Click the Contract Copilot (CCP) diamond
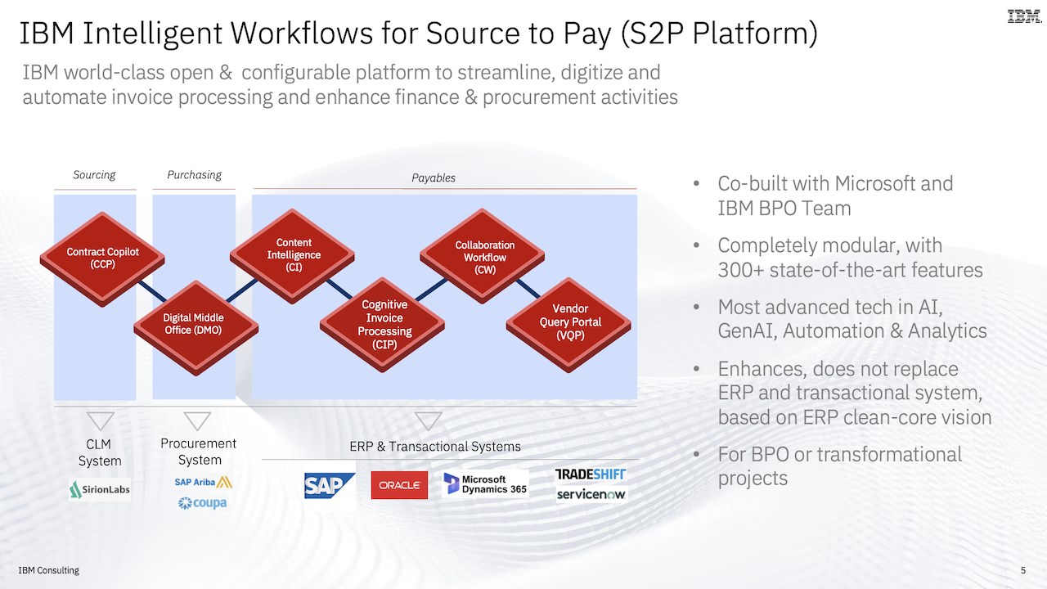102,259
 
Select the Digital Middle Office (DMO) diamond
195,328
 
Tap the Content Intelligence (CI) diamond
292,256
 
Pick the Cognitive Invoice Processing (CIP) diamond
382,325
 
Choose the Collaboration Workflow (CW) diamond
482,256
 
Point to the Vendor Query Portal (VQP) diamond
568,325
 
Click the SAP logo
329,485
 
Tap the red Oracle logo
399,485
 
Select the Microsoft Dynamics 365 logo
485,483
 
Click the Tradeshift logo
590,474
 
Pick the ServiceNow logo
591,494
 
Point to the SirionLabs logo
100,489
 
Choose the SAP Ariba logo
204,482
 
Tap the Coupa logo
202,503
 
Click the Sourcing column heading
94,175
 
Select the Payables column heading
434,178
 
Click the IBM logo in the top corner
1024,16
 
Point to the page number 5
1023,570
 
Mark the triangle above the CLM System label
101,421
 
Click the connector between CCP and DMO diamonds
152,292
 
